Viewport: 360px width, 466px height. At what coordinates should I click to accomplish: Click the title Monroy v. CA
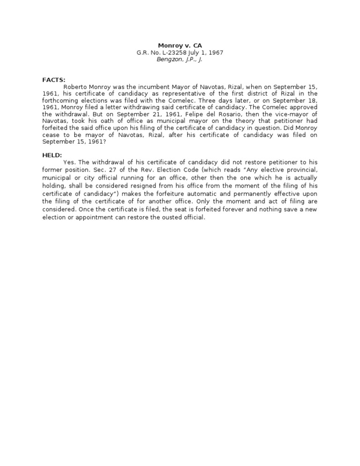[x=180, y=45]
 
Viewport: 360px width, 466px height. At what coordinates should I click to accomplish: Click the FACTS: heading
[x=52, y=80]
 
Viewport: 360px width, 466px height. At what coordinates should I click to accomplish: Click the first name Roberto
[x=75, y=88]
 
